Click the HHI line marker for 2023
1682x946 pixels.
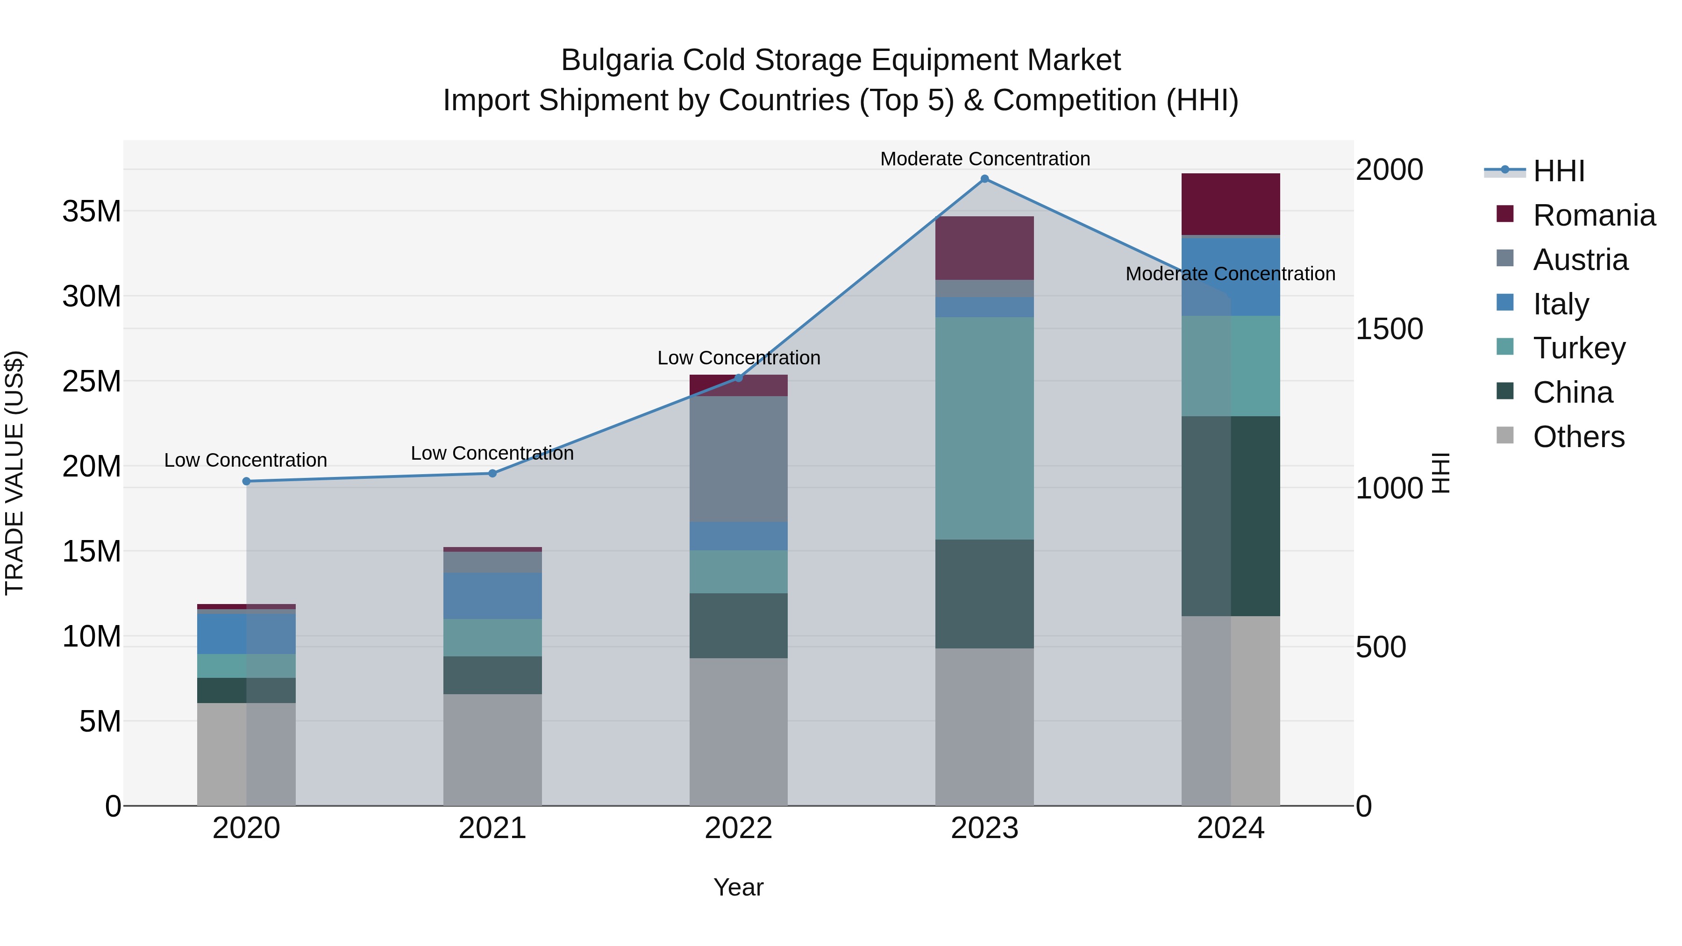(984, 179)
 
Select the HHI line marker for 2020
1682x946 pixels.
(246, 481)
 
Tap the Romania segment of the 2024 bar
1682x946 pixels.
(1230, 204)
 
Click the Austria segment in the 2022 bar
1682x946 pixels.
(739, 458)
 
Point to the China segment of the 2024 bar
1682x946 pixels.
(1230, 516)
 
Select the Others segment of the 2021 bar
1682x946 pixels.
(492, 749)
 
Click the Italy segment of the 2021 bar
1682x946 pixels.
(492, 596)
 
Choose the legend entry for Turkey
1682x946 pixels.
(1578, 348)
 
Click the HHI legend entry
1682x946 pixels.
(1558, 171)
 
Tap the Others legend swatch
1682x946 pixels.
(1504, 435)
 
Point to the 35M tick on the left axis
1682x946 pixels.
(92, 212)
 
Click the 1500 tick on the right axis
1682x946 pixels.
(1389, 328)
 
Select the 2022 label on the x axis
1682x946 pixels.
(739, 828)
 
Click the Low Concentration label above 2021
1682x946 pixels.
(492, 453)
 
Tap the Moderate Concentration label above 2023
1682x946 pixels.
(984, 159)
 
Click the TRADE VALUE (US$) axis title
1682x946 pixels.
(14, 473)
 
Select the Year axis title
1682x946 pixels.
(739, 887)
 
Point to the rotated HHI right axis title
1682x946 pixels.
(1440, 473)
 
